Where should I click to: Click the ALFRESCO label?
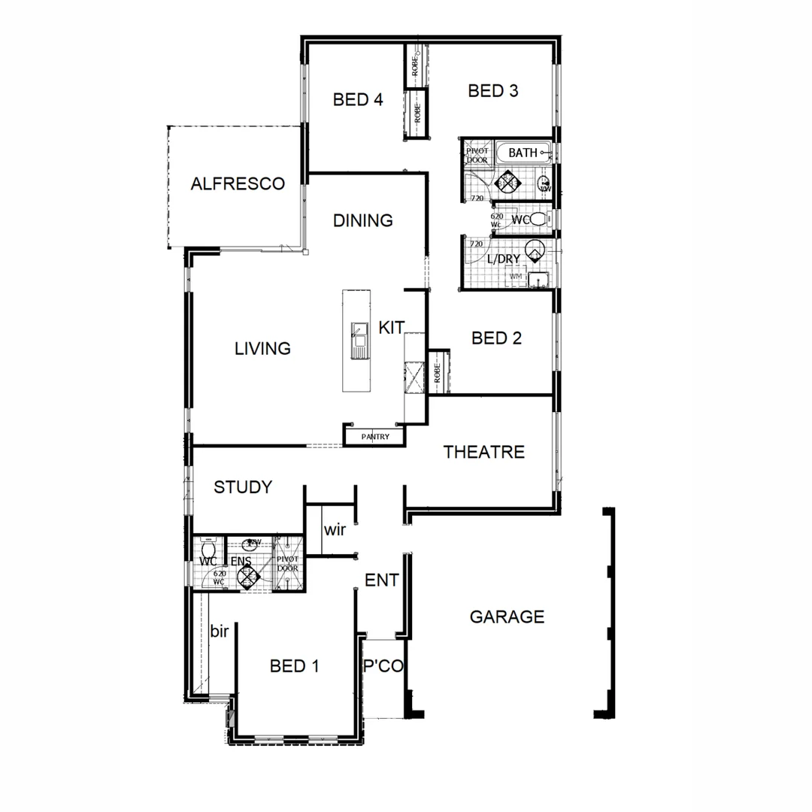click(238, 183)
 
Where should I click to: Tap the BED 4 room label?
click(358, 99)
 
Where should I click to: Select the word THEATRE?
click(483, 452)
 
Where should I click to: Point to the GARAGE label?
click(507, 617)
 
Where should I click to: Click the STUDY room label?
click(243, 487)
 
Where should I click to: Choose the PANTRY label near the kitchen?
click(375, 436)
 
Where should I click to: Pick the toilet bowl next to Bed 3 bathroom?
click(536, 220)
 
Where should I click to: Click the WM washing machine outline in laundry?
click(516, 277)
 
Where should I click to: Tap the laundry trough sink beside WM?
click(538, 280)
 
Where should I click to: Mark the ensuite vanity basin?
click(255, 542)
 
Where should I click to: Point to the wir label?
click(335, 530)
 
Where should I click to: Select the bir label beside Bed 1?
click(219, 632)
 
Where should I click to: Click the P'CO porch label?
click(383, 666)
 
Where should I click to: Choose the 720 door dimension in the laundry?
click(476, 244)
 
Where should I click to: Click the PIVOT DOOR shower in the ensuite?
click(288, 564)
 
